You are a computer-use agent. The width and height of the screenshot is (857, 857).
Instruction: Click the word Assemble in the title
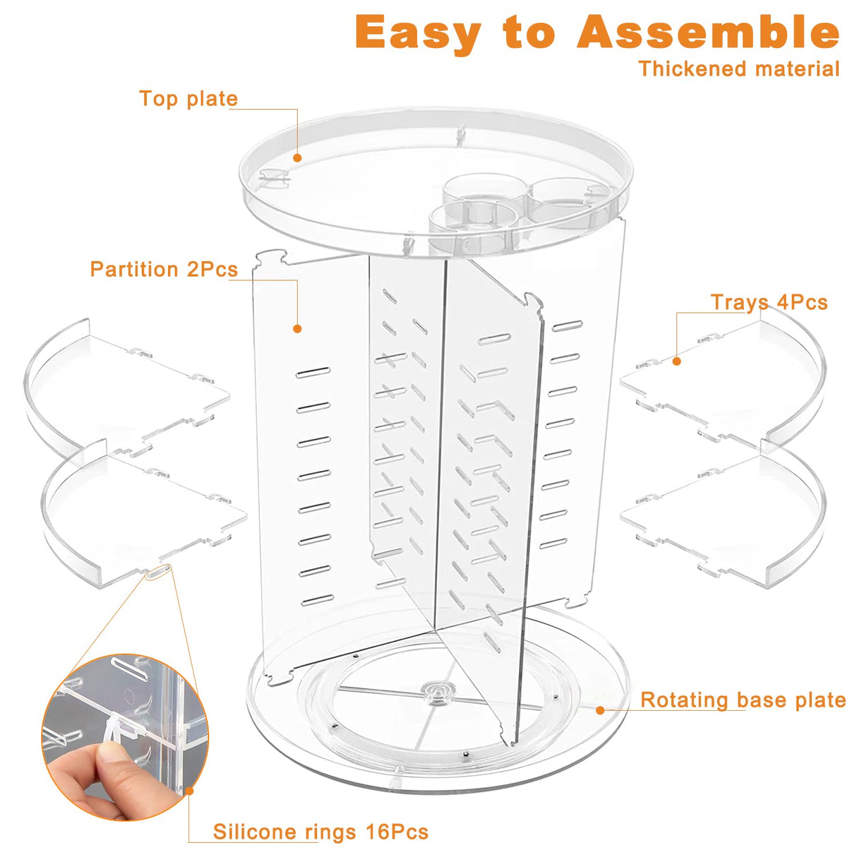click(x=708, y=32)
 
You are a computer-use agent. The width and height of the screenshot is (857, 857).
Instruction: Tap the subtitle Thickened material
click(x=739, y=69)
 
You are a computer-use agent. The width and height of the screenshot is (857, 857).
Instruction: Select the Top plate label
click(x=188, y=99)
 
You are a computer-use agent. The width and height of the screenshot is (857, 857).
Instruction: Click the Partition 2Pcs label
click(x=163, y=270)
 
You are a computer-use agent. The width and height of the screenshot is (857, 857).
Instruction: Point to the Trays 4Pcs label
click(x=769, y=303)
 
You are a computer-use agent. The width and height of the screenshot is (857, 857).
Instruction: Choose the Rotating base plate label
click(x=743, y=700)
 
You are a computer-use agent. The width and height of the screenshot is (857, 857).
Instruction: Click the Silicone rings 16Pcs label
click(x=320, y=832)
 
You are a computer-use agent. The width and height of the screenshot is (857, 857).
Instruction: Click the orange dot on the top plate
click(x=298, y=158)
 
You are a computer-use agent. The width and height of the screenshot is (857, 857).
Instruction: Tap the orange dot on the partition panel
click(x=297, y=329)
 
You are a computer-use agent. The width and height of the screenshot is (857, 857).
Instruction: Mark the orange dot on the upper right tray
click(x=676, y=361)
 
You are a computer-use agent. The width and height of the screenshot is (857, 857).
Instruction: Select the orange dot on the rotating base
click(x=600, y=710)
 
